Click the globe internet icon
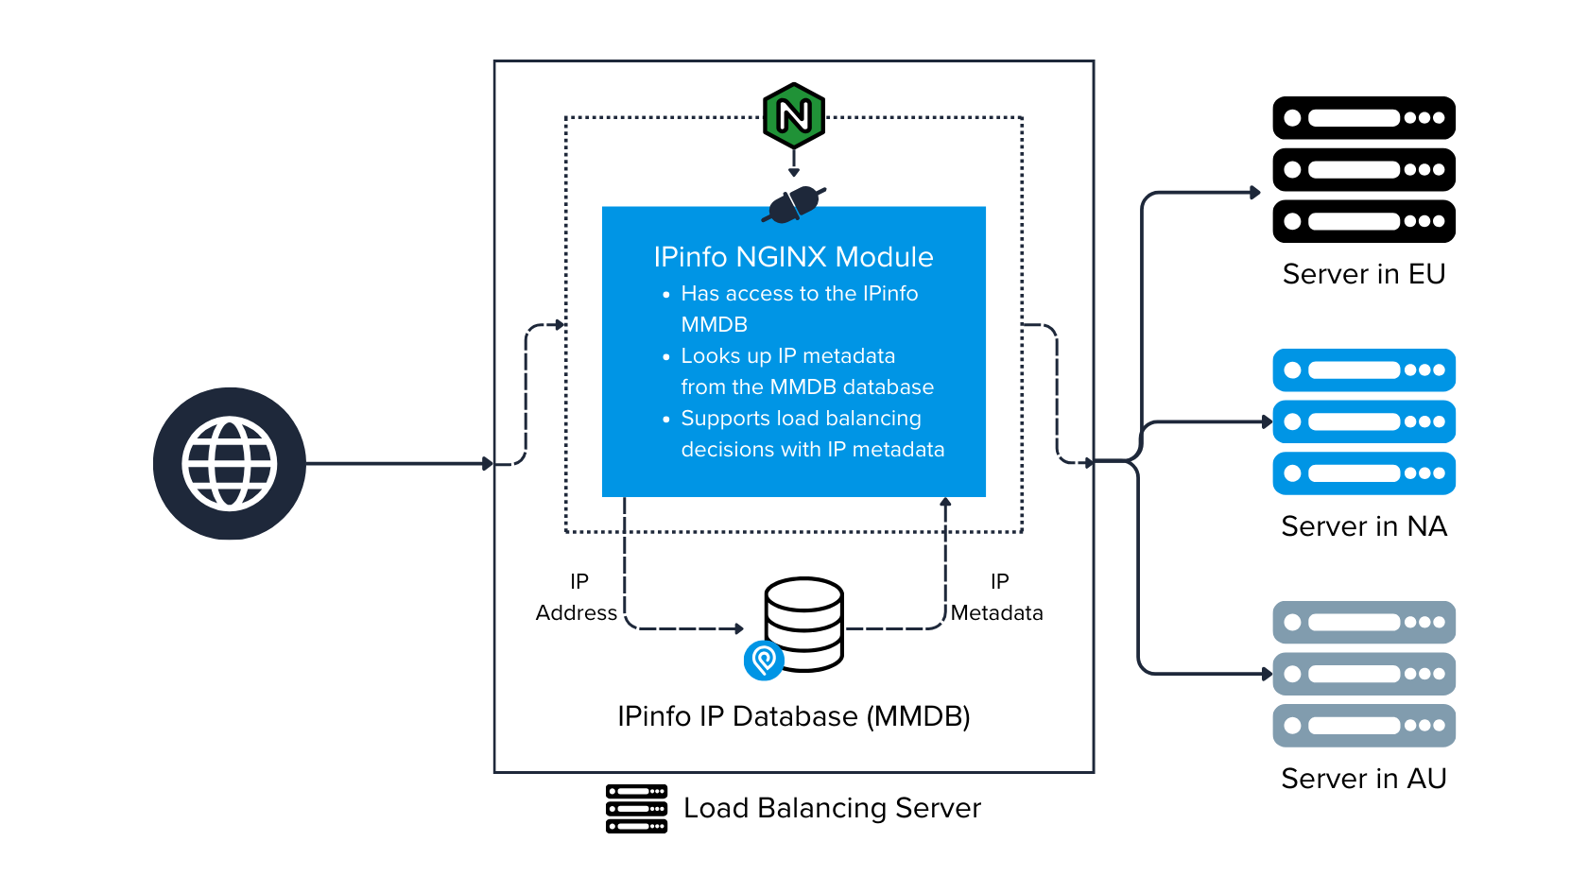click(230, 463)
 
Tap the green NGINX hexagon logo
click(794, 115)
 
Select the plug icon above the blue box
click(794, 204)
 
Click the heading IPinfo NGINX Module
click(793, 257)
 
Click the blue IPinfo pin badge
click(764, 660)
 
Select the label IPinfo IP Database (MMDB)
click(793, 716)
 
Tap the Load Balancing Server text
click(832, 808)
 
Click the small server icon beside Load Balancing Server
click(636, 809)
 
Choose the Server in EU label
click(1363, 274)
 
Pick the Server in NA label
click(1363, 526)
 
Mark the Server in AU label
click(1363, 779)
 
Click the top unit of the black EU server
click(1363, 118)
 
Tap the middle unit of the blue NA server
click(1363, 421)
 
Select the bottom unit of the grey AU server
click(1363, 726)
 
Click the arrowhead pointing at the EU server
click(1255, 193)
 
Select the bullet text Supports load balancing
click(801, 419)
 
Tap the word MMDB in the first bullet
click(715, 325)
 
